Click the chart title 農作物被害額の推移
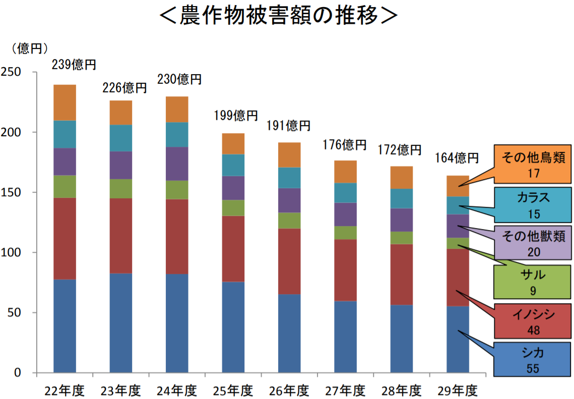pyautogui.click(x=279, y=16)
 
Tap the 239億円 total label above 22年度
pyautogui.click(x=74, y=65)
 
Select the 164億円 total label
pyautogui.click(x=457, y=158)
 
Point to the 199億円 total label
pyautogui.click(x=236, y=116)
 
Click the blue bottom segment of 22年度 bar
pyautogui.click(x=65, y=326)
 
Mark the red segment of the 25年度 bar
pyautogui.click(x=233, y=249)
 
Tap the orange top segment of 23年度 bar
pyautogui.click(x=121, y=112)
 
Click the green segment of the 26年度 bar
pyautogui.click(x=289, y=220)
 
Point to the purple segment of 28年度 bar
pyautogui.click(x=402, y=220)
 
